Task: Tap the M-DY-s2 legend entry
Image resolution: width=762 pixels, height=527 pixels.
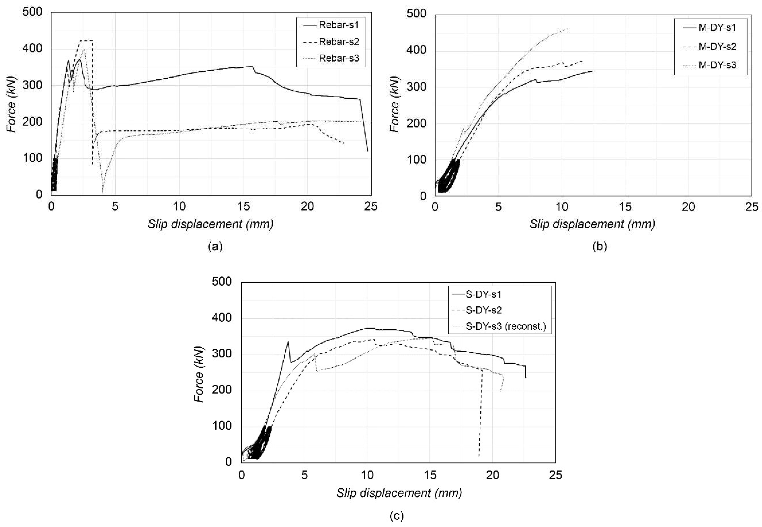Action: [710, 47]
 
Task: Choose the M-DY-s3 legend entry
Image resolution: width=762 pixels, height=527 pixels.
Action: [710, 65]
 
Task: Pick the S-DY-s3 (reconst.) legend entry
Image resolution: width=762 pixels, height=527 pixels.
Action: [499, 327]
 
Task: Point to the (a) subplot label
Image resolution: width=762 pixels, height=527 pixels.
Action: [215, 246]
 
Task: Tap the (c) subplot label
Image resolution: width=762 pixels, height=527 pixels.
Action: [397, 516]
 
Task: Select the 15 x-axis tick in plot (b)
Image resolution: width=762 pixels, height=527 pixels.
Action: [625, 207]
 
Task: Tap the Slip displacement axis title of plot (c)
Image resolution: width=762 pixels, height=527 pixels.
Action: [399, 493]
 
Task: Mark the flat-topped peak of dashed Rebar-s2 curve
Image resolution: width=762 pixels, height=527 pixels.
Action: [87, 40]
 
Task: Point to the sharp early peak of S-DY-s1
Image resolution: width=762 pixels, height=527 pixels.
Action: [288, 341]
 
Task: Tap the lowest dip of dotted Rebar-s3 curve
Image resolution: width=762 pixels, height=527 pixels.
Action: [102, 193]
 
